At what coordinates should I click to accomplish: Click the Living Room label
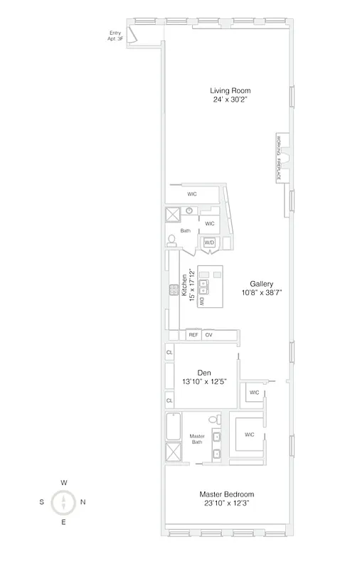[x=231, y=90]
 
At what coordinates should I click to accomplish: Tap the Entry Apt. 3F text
[x=115, y=36]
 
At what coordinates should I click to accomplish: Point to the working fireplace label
[x=282, y=156]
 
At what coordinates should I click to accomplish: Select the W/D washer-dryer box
[x=209, y=243]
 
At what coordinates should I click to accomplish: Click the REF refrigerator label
[x=192, y=334]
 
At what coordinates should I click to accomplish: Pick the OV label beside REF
[x=208, y=334]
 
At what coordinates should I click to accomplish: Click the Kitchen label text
[x=184, y=285]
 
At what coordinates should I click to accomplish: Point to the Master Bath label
[x=196, y=440]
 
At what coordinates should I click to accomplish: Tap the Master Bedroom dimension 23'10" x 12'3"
[x=226, y=503]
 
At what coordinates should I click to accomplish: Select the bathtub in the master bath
[x=174, y=426]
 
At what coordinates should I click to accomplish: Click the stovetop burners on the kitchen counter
[x=173, y=289]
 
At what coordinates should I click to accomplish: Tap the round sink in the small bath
[x=190, y=211]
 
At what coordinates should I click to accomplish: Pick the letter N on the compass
[x=83, y=502]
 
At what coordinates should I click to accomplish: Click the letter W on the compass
[x=64, y=483]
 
